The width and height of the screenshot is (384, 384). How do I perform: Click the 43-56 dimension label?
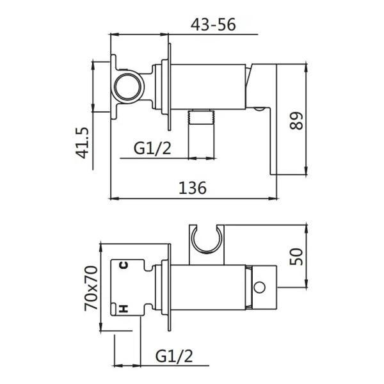click(x=213, y=24)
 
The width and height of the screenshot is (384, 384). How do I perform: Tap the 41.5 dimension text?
click(x=81, y=143)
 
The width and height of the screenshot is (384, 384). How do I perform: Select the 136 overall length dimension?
click(x=193, y=188)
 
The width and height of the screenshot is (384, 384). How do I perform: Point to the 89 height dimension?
click(x=296, y=120)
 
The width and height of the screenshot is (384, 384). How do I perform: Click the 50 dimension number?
click(x=296, y=257)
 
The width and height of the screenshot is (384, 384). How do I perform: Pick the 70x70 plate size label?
click(x=91, y=288)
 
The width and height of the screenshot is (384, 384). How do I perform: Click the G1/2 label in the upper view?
click(x=152, y=148)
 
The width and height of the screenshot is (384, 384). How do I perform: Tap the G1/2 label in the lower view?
click(x=174, y=356)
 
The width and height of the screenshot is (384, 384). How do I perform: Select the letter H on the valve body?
click(x=124, y=309)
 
